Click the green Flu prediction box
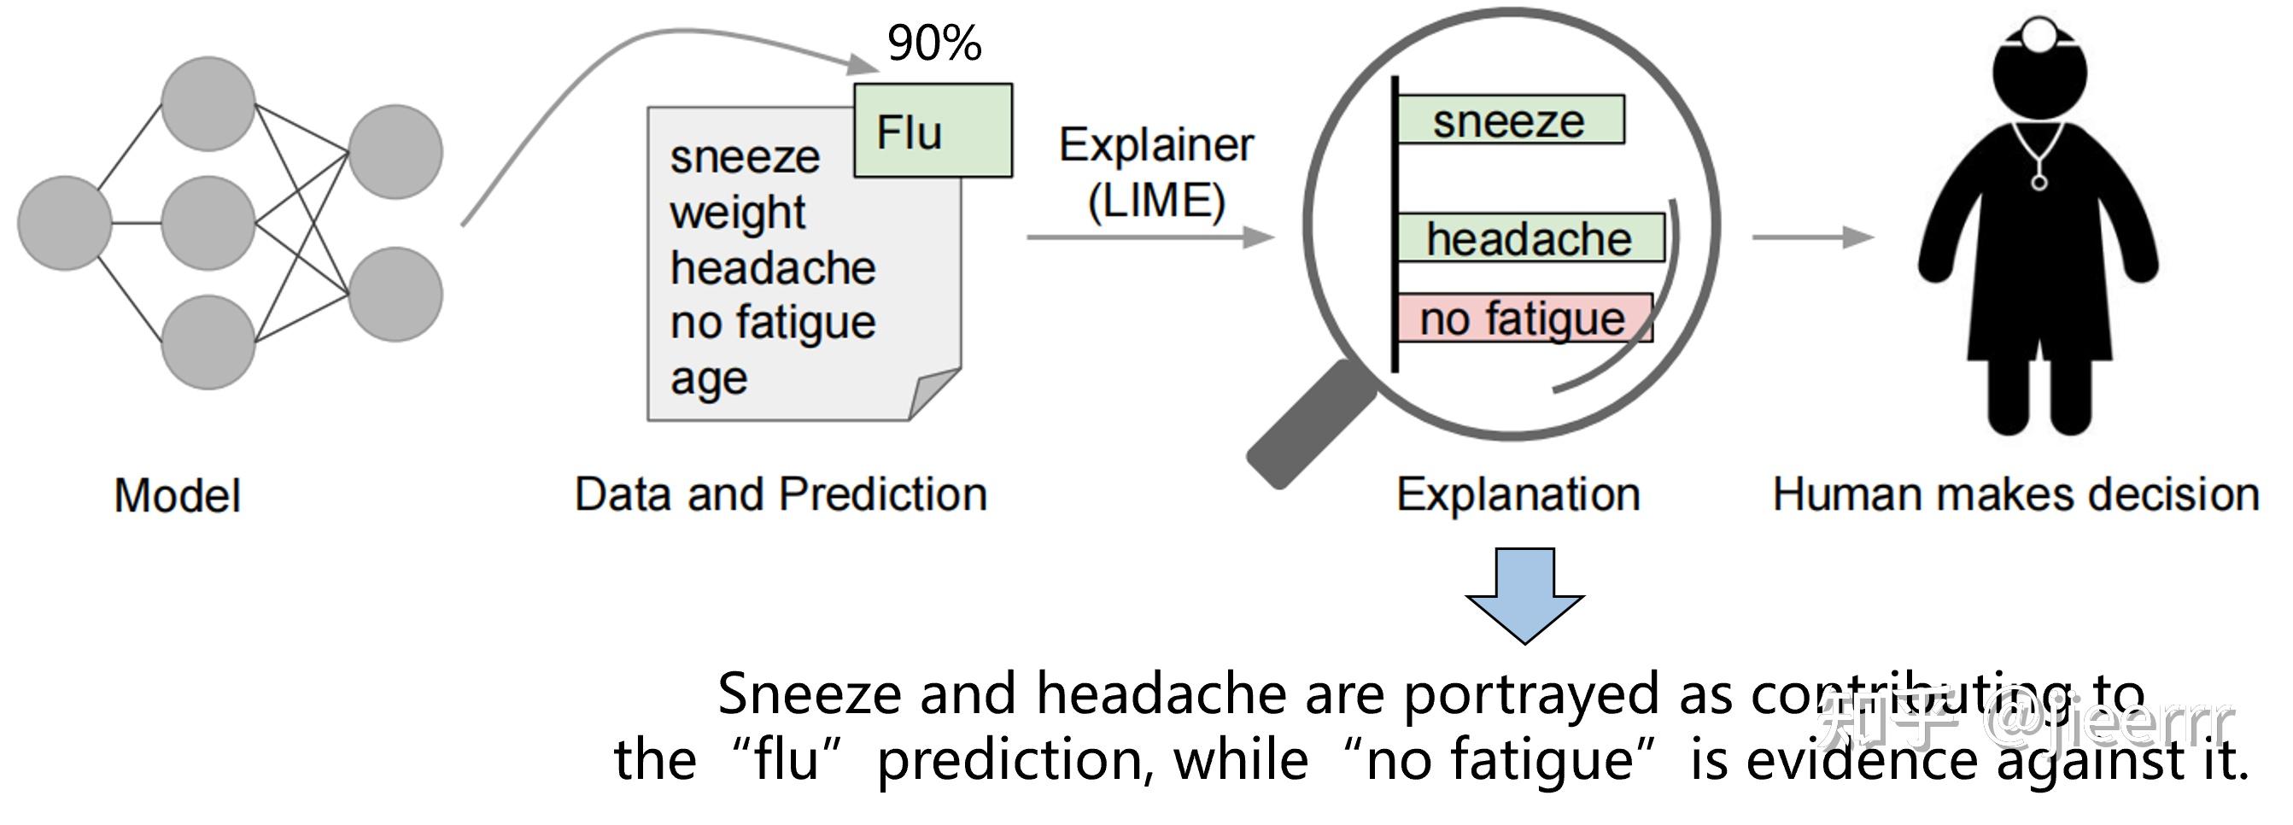click(932, 131)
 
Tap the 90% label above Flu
click(933, 43)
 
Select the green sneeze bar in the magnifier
click(1510, 120)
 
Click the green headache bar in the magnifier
click(1530, 237)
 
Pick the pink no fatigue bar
click(1522, 319)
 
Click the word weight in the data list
click(737, 212)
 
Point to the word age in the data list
click(709, 378)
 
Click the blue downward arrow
click(1524, 595)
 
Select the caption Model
click(177, 494)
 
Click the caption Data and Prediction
click(781, 494)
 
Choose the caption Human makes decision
click(2015, 494)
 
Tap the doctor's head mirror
click(2039, 36)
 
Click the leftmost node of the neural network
click(64, 223)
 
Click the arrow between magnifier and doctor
click(1812, 237)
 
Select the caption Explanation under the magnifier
click(1518, 494)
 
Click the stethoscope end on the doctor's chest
click(2039, 183)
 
